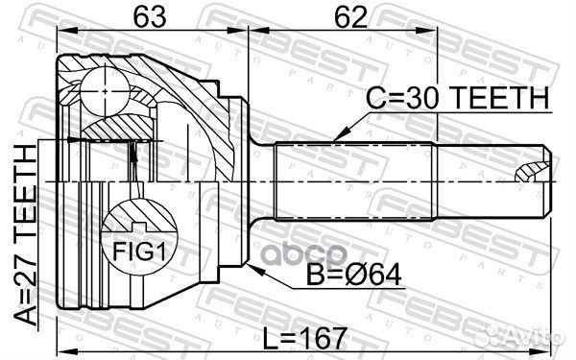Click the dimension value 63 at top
click(x=150, y=17)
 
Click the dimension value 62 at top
click(x=350, y=17)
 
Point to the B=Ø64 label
click(x=354, y=275)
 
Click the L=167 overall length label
click(x=305, y=339)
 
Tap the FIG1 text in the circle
click(x=139, y=252)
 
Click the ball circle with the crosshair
click(x=105, y=91)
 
